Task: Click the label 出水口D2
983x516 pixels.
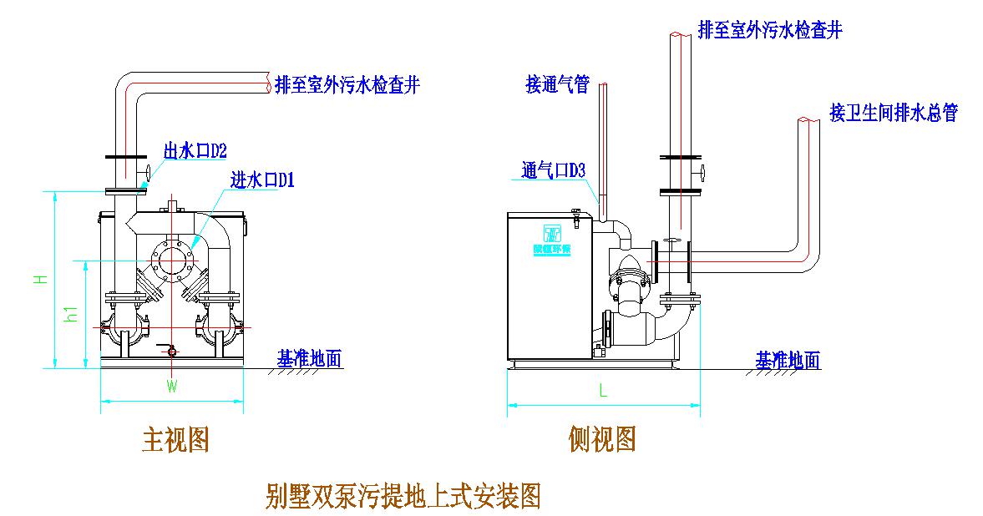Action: coord(195,150)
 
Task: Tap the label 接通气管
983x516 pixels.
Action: coord(557,84)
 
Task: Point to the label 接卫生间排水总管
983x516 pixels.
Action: coord(893,113)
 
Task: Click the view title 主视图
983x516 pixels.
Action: coord(175,439)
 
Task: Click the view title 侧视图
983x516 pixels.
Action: coord(603,438)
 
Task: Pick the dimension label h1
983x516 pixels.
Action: coord(73,314)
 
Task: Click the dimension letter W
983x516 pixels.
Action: coord(171,387)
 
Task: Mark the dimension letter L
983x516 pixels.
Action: coord(603,389)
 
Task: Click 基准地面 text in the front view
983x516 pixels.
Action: coord(310,358)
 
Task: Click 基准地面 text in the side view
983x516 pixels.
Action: coord(788,360)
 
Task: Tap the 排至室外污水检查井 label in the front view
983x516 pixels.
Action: coord(347,84)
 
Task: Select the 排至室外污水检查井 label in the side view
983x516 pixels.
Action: coord(769,32)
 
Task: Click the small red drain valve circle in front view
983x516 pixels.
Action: coord(173,352)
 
